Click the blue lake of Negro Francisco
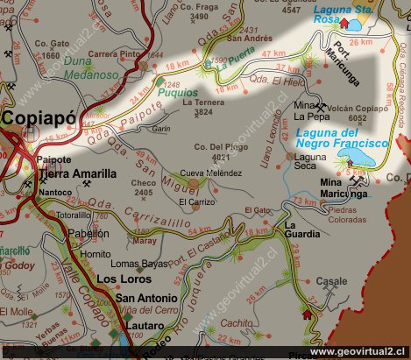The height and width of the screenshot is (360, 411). pyautogui.click(x=359, y=157)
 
